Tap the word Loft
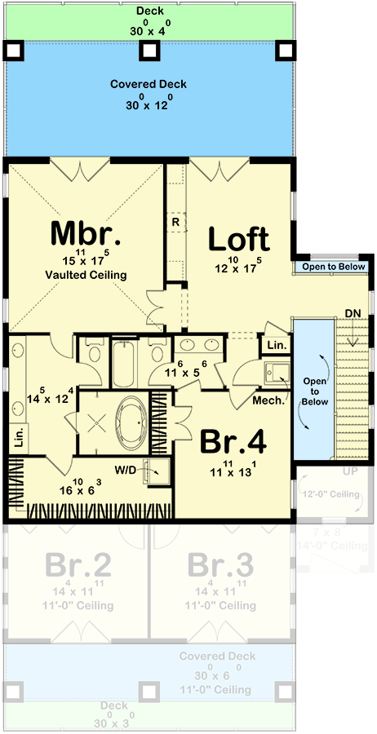click(x=238, y=239)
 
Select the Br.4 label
click(x=233, y=443)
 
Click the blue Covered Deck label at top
click(x=149, y=84)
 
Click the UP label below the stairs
click(x=348, y=471)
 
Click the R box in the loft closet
click(x=175, y=221)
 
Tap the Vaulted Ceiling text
click(x=86, y=276)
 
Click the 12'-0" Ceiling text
click(x=332, y=495)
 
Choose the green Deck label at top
click(x=149, y=10)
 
